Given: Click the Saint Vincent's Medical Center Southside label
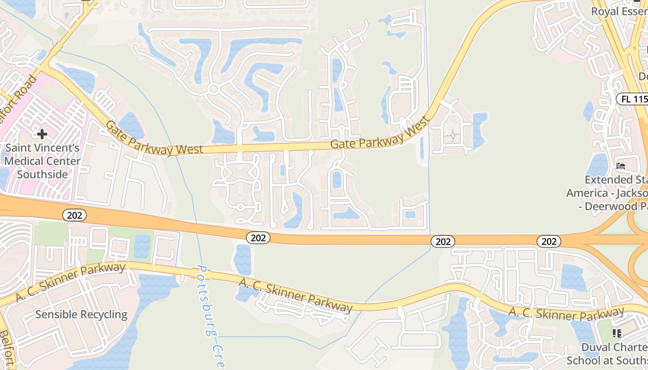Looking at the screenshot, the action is (x=42, y=161).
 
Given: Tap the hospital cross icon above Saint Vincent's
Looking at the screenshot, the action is (x=42, y=134).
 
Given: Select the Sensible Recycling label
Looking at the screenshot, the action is (x=81, y=314).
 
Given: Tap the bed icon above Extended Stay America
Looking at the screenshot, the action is (x=621, y=166).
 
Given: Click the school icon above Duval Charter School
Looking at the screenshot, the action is (x=616, y=333).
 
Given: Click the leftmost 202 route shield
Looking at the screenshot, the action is (x=75, y=215).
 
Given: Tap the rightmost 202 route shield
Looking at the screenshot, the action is (x=549, y=241).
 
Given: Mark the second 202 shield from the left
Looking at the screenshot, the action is (x=258, y=238).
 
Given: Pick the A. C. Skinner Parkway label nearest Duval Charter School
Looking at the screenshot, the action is (x=566, y=314).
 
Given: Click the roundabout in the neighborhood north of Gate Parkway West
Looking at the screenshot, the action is (x=213, y=88).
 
